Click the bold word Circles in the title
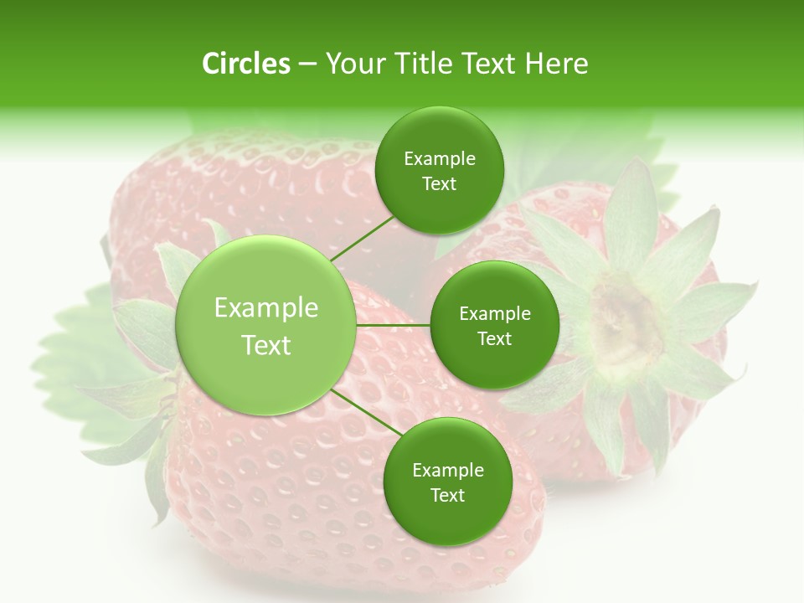point(245,64)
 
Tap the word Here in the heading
point(557,64)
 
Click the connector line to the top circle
point(362,238)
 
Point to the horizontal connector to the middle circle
point(393,325)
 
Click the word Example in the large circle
point(266,308)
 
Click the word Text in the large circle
point(266,345)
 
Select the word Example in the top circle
point(439,159)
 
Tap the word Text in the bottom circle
point(447,495)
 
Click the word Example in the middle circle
point(494,314)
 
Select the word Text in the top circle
point(439,184)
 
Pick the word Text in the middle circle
point(494,339)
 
